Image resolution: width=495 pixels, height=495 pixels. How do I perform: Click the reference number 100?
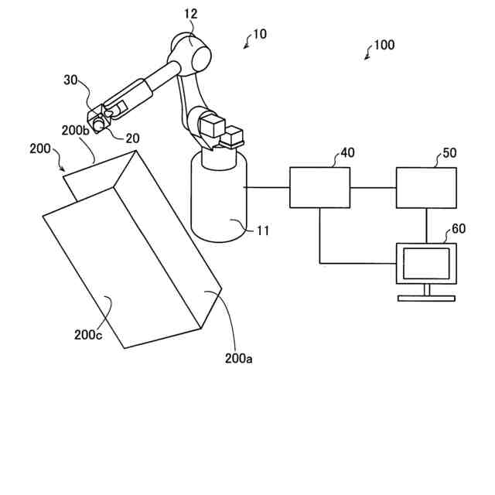[384, 45]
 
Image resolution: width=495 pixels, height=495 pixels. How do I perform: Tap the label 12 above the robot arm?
[191, 13]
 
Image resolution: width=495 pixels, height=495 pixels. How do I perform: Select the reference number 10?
[259, 34]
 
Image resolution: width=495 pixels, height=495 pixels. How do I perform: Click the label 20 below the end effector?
[132, 138]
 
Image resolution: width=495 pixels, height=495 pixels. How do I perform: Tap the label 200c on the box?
[88, 335]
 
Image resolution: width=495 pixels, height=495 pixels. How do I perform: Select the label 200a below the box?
[238, 358]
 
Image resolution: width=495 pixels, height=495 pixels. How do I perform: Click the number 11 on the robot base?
[264, 230]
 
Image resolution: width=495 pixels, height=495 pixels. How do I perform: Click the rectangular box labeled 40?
[319, 187]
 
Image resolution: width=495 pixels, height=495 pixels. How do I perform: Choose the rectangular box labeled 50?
[426, 187]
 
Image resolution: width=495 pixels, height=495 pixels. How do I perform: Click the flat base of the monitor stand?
[426, 299]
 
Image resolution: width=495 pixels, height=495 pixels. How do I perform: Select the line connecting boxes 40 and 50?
[373, 187]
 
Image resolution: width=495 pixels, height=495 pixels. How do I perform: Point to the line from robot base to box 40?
[268, 187]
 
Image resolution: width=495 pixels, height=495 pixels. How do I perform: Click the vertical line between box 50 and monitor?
[426, 226]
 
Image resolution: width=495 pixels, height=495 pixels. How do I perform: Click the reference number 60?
[459, 229]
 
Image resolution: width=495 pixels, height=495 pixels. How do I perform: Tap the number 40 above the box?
[347, 153]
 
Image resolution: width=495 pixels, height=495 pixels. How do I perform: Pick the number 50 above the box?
[449, 153]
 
